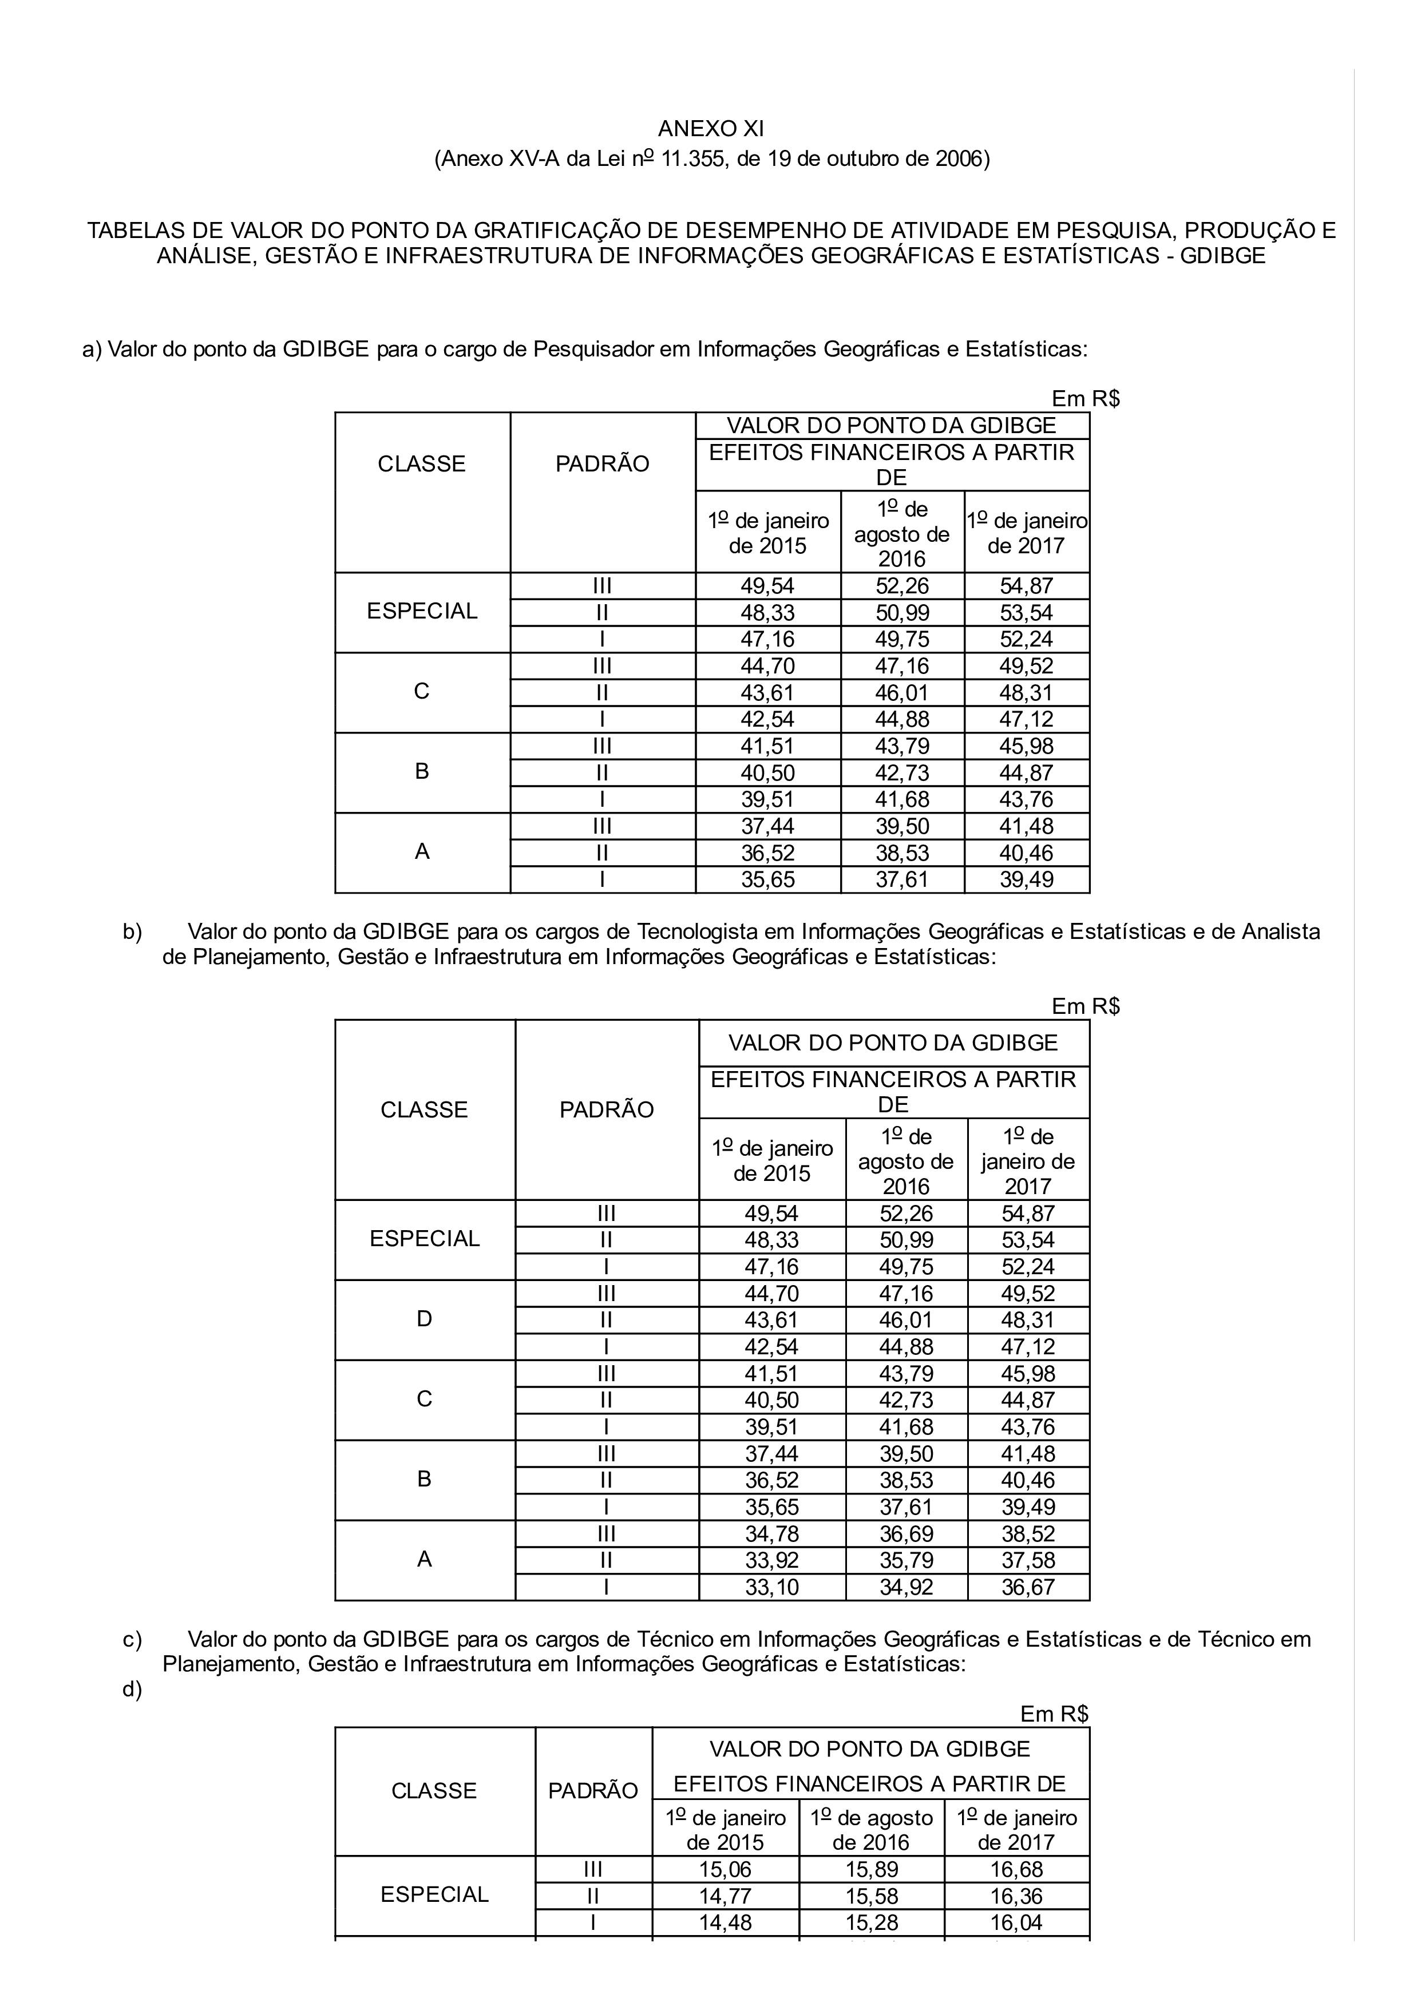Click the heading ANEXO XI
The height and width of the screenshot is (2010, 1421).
pyautogui.click(x=710, y=129)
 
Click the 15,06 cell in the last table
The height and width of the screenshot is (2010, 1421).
pyautogui.click(x=725, y=1869)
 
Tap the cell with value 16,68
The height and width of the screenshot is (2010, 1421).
pyautogui.click(x=1016, y=1869)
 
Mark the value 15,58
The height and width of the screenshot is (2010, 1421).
pyautogui.click(x=871, y=1896)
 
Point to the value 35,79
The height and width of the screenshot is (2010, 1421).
pyautogui.click(x=906, y=1560)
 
